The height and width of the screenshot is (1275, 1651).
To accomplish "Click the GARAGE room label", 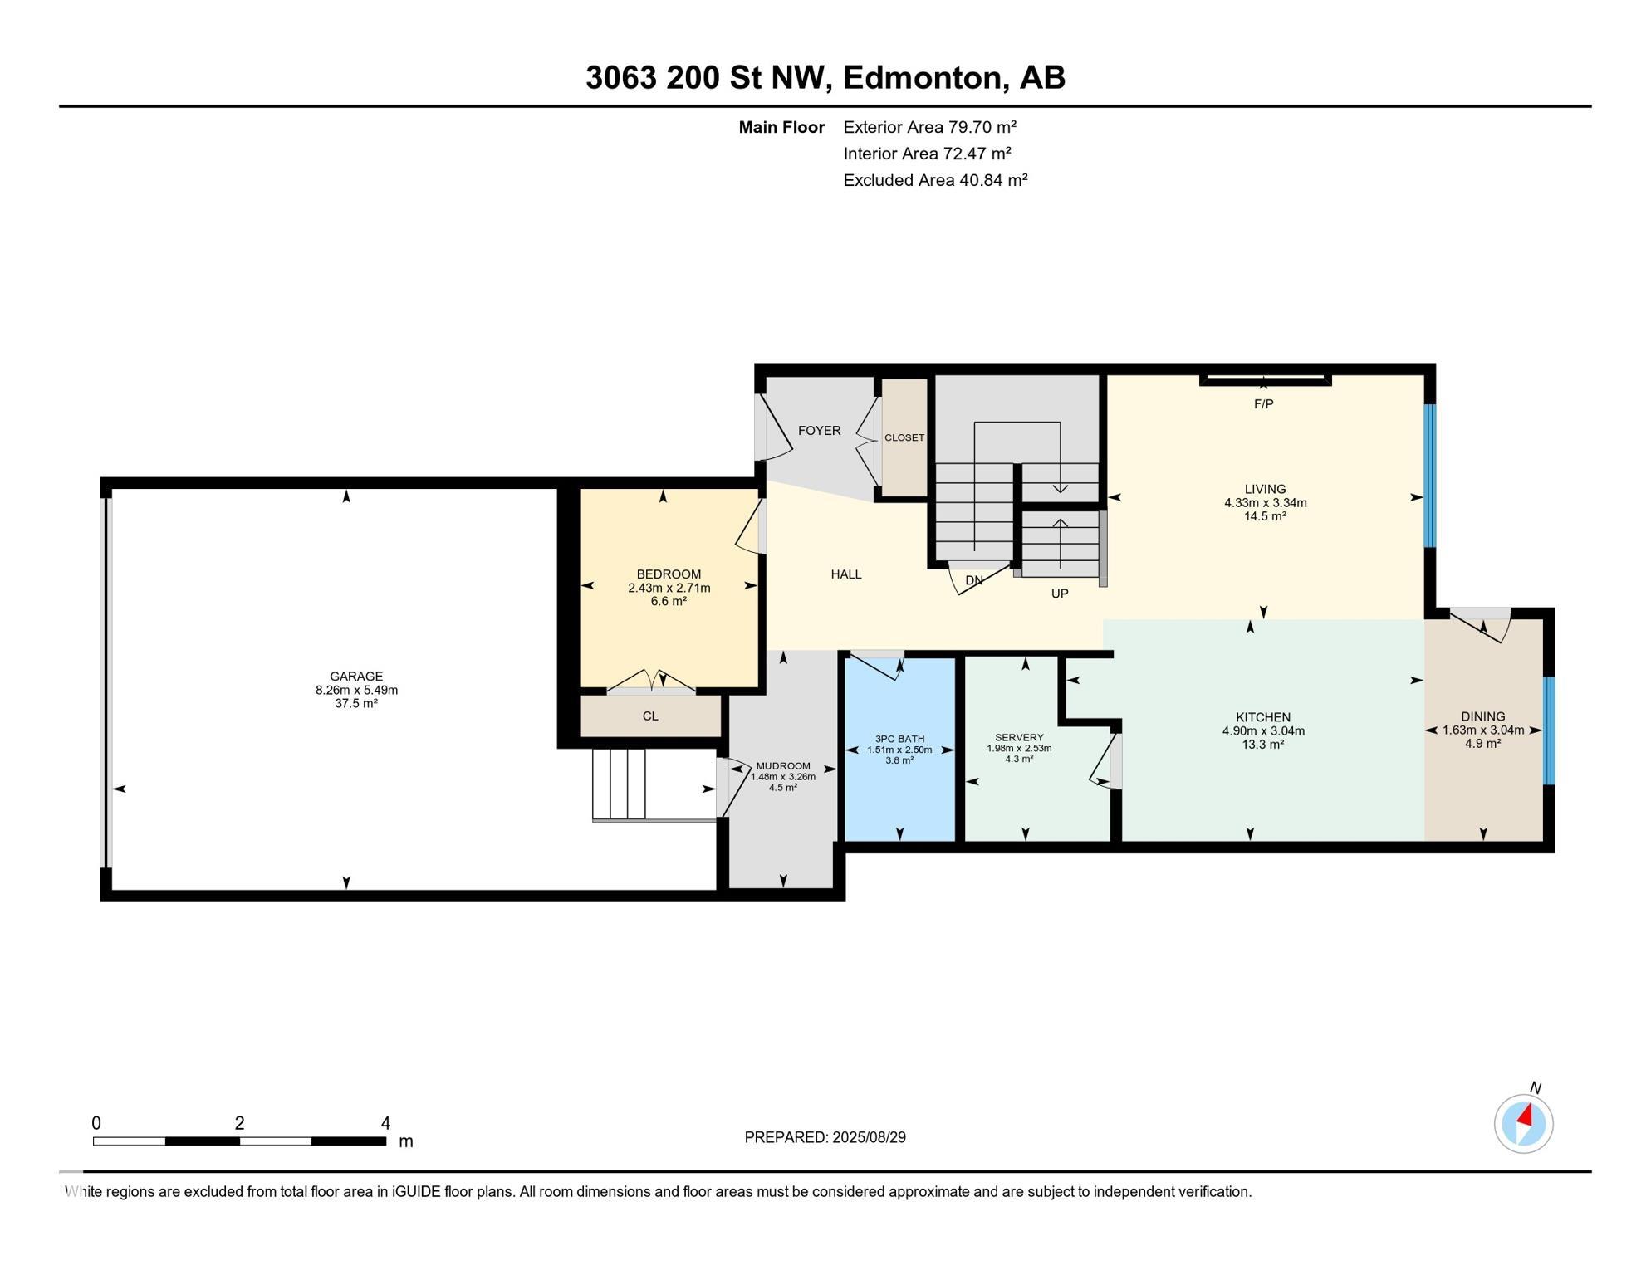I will tap(356, 677).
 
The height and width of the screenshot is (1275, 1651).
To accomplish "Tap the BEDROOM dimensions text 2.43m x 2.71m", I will tap(669, 588).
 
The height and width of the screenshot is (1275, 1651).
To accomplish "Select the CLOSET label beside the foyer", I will tap(904, 437).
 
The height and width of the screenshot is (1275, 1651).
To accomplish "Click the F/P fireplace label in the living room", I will tap(1263, 404).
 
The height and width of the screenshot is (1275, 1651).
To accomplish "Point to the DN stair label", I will tap(974, 580).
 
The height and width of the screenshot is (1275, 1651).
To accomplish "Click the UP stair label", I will tap(1060, 594).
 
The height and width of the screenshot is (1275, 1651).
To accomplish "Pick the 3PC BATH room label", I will tap(899, 739).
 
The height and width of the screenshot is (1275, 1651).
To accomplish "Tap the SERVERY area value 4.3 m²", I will tap(1019, 759).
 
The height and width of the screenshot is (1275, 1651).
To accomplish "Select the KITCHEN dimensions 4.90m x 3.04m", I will tap(1263, 731).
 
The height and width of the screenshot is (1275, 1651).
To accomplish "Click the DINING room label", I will tap(1483, 716).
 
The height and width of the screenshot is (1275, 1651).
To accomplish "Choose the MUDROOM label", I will tap(783, 766).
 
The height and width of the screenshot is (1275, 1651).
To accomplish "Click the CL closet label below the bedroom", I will tap(650, 716).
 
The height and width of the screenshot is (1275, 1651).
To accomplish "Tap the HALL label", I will tap(846, 574).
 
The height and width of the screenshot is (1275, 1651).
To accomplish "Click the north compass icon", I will tap(1524, 1124).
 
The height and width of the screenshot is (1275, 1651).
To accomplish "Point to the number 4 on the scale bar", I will tap(385, 1123).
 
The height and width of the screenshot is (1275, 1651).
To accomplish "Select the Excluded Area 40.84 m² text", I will tap(935, 180).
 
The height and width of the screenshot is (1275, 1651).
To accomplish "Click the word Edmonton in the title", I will tap(925, 77).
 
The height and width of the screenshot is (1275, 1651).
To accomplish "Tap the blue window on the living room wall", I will tap(1430, 476).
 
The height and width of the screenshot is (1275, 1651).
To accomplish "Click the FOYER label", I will tap(819, 430).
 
